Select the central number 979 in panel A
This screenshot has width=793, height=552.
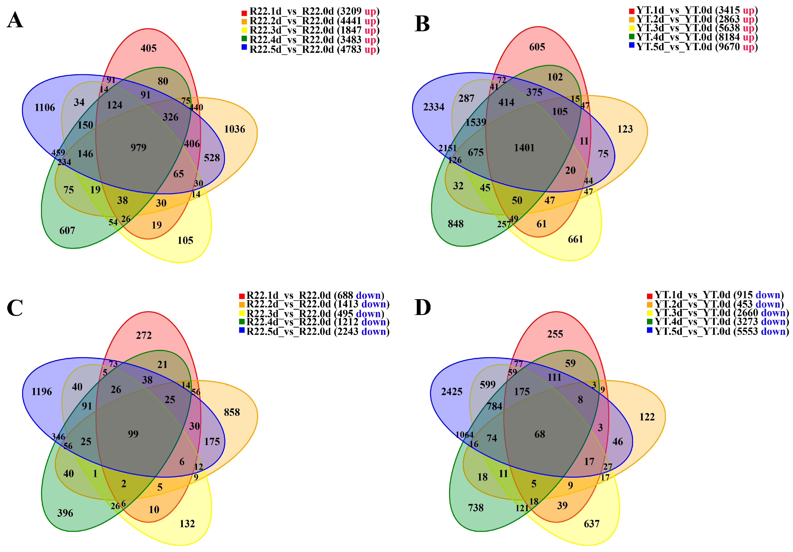[x=138, y=148]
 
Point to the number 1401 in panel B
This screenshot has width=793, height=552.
[x=524, y=148]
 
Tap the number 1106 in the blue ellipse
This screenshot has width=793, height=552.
[x=45, y=108]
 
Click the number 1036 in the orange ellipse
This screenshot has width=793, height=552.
[x=235, y=129]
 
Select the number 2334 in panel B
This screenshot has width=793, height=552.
[x=434, y=107]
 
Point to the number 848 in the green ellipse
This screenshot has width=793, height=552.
[x=456, y=224]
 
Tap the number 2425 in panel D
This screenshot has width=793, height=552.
[x=452, y=392]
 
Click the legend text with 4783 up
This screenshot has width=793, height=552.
[x=314, y=50]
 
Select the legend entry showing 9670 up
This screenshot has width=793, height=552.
[x=697, y=47]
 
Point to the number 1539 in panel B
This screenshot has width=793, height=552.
[x=476, y=122]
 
